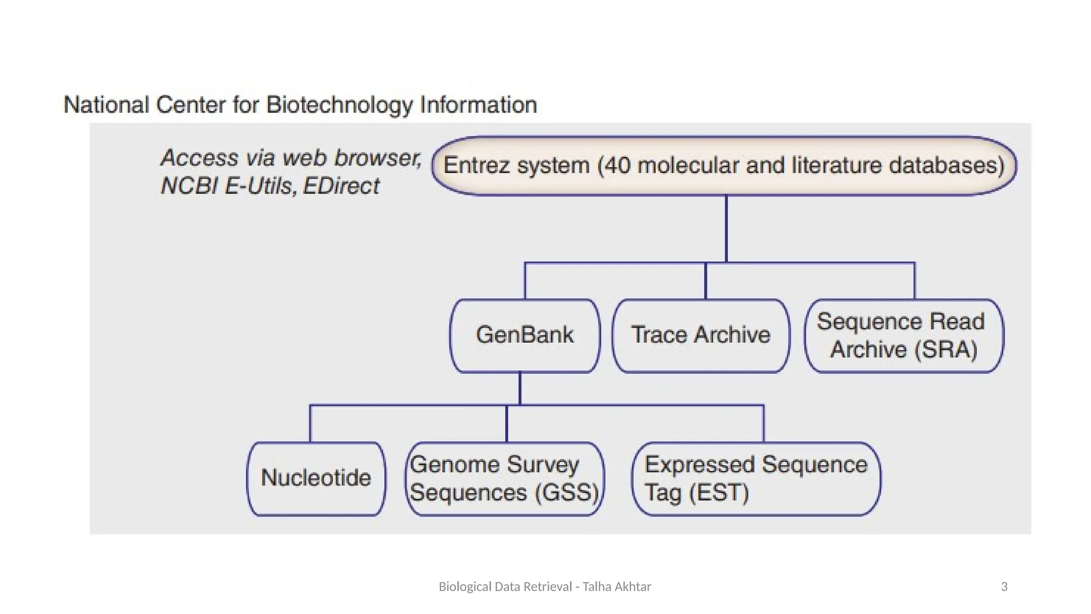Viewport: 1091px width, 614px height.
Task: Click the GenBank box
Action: tap(525, 335)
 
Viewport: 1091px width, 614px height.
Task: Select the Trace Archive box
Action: tap(701, 335)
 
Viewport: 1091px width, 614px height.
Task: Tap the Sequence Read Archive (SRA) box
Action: tap(903, 335)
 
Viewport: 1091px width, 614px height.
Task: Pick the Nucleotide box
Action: tap(316, 478)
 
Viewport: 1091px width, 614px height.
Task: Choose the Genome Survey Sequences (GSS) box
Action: tap(504, 478)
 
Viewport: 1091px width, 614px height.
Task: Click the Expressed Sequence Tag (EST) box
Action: tap(755, 478)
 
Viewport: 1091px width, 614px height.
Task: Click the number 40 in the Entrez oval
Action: tap(618, 166)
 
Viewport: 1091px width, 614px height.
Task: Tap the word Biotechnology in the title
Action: tap(339, 105)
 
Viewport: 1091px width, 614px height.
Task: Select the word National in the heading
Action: tap(106, 105)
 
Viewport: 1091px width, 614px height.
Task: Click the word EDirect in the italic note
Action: tap(341, 186)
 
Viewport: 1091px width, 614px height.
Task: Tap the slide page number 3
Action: tap(1004, 587)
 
